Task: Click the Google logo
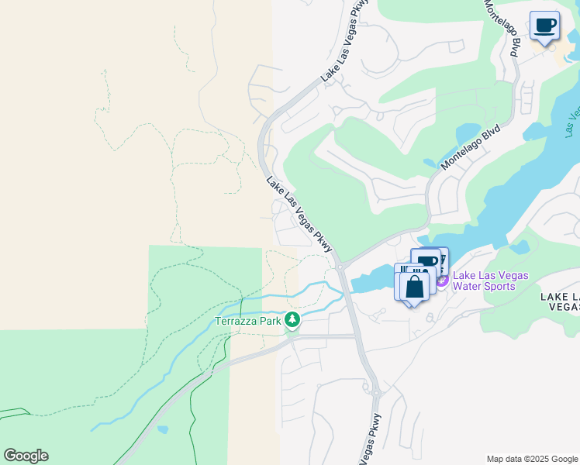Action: [x=26, y=456]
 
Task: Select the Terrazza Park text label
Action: [x=248, y=321]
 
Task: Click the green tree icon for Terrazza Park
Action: [x=292, y=319]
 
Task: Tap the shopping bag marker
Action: [x=415, y=287]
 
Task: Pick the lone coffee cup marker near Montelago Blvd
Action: [x=544, y=26]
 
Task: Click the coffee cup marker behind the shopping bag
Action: [x=429, y=262]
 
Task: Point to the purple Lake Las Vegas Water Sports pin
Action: [x=442, y=281]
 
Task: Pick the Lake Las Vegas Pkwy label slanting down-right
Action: [x=299, y=215]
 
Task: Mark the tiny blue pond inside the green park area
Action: [x=162, y=429]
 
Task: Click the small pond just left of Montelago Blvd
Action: [x=430, y=164]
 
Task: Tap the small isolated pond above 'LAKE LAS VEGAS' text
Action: [x=520, y=248]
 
